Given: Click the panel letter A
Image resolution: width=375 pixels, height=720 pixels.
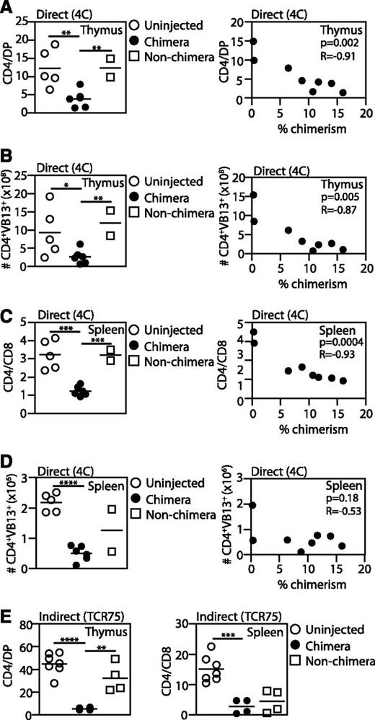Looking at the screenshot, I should [6, 6].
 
